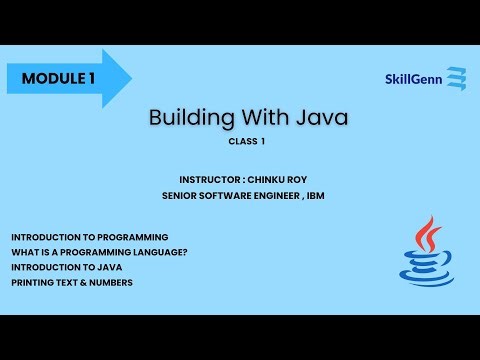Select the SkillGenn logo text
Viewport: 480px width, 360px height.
coord(414,79)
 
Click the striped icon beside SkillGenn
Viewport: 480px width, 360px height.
coord(457,79)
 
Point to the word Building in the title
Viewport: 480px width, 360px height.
coord(190,118)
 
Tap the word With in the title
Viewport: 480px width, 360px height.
coord(261,118)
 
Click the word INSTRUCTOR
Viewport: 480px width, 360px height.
coord(208,180)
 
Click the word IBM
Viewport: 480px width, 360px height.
coord(314,195)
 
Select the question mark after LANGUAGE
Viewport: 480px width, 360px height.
coord(185,252)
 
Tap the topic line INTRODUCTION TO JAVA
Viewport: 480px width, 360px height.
coord(63,267)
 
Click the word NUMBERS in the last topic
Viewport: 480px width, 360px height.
coord(108,282)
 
